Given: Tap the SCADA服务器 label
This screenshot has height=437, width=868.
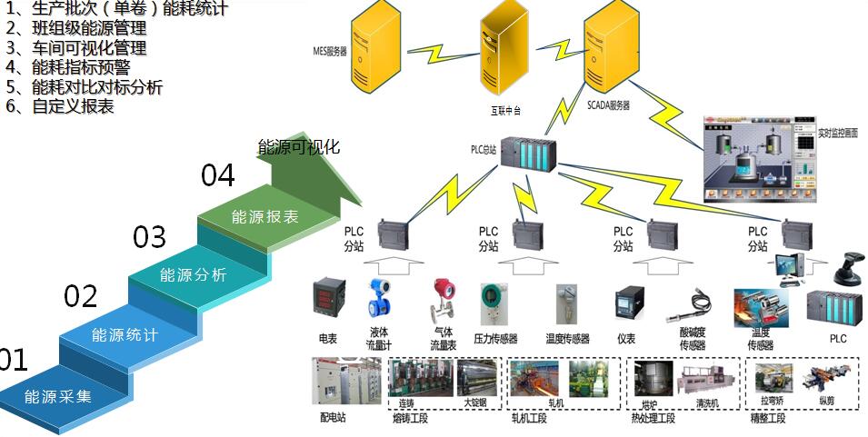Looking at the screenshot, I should pyautogui.click(x=608, y=105).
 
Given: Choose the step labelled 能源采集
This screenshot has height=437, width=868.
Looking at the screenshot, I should pyautogui.click(x=58, y=397).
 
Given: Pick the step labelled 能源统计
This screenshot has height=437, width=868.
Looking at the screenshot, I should pyautogui.click(x=125, y=335).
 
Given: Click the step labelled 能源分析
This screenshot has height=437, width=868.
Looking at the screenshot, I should pyautogui.click(x=193, y=274).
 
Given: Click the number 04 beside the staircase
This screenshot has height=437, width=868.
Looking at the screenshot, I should pyautogui.click(x=218, y=174).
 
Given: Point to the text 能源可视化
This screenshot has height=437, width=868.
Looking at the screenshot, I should pyautogui.click(x=299, y=147).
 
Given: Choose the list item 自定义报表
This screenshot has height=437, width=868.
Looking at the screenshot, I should pyautogui.click(x=73, y=106).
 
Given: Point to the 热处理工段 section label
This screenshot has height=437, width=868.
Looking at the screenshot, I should pyautogui.click(x=653, y=418).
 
